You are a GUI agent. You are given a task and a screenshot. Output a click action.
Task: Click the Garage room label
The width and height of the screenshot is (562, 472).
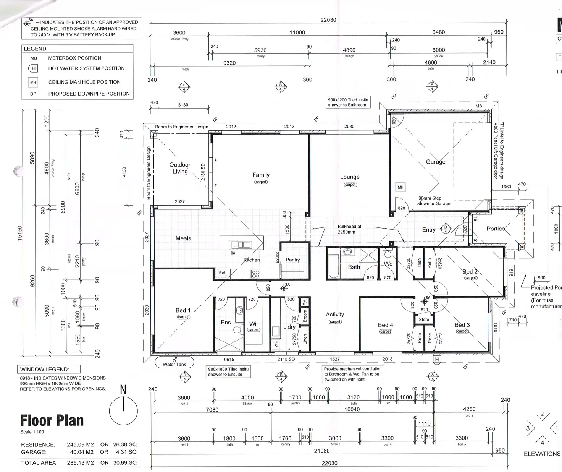(436, 162)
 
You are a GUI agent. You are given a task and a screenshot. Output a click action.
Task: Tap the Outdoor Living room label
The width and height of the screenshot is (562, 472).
(180, 168)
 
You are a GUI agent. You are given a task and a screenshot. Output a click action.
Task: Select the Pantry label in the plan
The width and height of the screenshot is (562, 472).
(292, 260)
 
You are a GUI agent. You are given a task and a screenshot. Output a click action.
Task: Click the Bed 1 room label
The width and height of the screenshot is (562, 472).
(183, 310)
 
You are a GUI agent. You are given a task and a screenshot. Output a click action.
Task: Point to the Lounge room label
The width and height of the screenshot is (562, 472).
(350, 177)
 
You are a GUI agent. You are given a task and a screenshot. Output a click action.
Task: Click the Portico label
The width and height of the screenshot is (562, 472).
(496, 229)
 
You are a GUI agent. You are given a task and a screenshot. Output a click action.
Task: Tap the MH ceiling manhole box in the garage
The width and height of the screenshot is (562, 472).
(400, 187)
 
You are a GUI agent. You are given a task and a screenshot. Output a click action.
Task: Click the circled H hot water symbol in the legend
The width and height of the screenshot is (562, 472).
(34, 68)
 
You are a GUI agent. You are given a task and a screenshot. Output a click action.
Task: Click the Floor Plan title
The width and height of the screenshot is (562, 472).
(52, 420)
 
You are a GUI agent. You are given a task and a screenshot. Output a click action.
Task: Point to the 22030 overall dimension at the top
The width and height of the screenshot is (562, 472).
(328, 20)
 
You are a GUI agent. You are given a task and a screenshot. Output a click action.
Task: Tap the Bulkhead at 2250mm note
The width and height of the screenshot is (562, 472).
(349, 229)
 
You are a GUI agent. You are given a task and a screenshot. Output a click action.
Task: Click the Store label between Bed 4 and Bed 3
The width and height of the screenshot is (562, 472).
(424, 320)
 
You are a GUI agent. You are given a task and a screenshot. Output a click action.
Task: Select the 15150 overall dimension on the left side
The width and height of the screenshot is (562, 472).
(20, 234)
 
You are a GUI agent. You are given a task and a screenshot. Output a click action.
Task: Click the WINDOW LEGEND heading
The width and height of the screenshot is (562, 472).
(44, 370)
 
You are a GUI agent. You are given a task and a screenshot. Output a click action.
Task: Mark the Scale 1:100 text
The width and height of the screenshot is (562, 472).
(32, 432)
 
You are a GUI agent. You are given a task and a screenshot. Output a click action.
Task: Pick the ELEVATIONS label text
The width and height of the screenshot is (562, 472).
(542, 454)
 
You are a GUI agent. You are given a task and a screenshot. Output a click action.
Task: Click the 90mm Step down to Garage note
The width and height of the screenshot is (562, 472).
(434, 201)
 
